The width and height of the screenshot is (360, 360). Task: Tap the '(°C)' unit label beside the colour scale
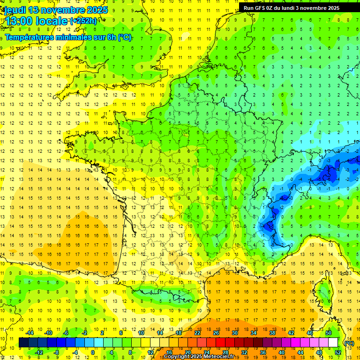point(349,343)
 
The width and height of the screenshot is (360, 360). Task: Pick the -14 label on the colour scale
point(31,333)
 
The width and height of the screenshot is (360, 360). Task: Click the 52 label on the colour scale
point(337,352)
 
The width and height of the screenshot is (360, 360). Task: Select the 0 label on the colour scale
point(93,352)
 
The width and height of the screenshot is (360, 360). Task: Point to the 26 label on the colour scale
point(216,333)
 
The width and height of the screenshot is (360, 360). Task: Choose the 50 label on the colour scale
point(329,333)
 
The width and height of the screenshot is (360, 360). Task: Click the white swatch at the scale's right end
point(333,343)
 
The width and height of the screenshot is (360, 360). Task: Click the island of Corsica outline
point(323,293)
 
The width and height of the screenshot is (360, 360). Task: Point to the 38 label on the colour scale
point(272,333)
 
